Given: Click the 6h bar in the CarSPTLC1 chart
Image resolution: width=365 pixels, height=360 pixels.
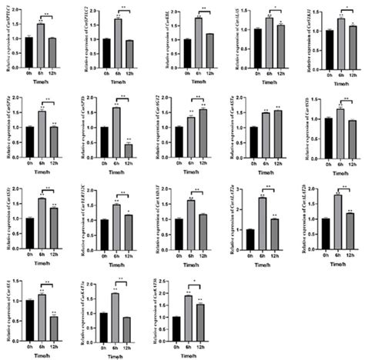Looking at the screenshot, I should [x=40, y=47].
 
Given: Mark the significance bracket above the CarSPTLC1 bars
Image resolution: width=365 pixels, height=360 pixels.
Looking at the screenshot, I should [x=46, y=15].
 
